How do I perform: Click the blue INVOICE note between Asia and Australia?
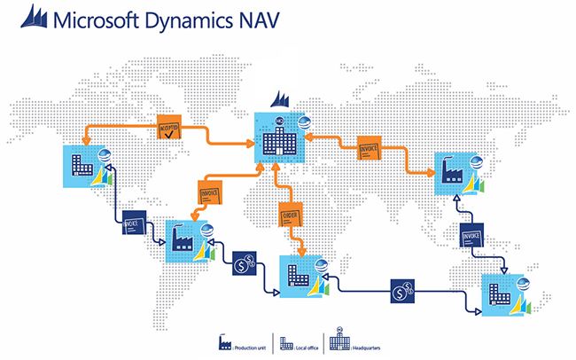click(x=471, y=238)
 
